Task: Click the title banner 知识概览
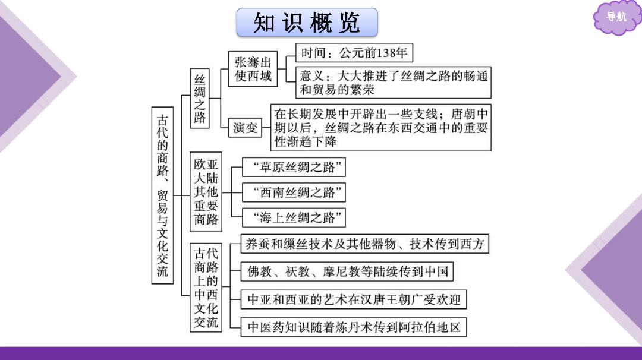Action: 307,23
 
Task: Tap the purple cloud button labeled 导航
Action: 616,17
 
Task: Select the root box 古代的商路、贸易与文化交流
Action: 162,195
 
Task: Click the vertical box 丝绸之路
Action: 200,99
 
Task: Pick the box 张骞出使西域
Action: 253,69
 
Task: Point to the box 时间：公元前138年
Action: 354,53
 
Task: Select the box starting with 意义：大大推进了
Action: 394,83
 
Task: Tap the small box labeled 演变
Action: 246,128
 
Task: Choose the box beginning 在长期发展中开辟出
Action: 381,128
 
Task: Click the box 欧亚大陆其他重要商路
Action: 206,192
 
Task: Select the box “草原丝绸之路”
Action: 294,167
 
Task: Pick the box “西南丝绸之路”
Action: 294,192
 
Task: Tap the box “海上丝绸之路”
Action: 294,217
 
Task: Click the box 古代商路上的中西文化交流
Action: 206,288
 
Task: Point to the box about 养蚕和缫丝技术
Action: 365,244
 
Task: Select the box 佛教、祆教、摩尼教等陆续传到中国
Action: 347,271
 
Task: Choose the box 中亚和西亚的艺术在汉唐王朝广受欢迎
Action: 354,300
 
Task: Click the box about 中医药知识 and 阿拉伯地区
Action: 354,327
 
